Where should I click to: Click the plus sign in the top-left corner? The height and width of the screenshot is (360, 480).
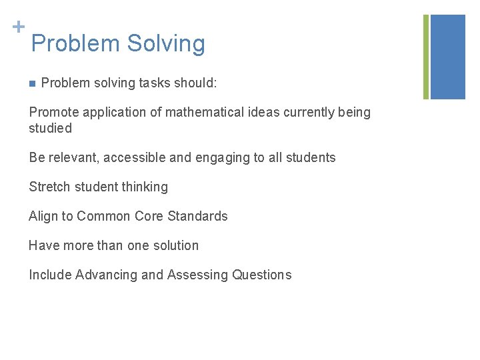point(19,27)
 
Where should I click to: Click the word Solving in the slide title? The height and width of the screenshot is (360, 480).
point(166,44)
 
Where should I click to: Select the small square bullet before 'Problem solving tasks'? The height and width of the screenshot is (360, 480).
point(31,83)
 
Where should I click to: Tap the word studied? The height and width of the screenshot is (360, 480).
point(50,128)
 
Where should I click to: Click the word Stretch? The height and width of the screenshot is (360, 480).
point(49,187)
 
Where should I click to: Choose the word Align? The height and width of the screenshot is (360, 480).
point(43,216)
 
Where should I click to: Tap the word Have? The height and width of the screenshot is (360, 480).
point(43,245)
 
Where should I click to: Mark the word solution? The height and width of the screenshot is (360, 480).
point(176,245)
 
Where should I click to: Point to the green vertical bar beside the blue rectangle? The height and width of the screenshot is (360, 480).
point(426,57)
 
